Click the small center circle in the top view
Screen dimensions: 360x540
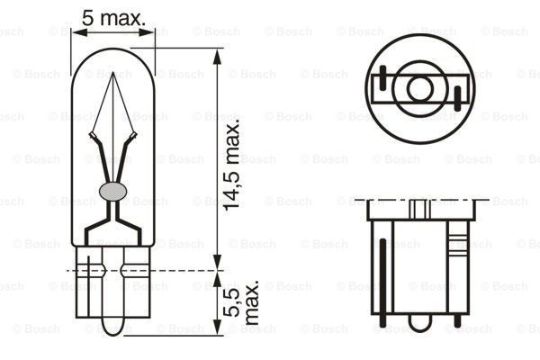420,88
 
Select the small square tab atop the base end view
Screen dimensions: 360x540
420,209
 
